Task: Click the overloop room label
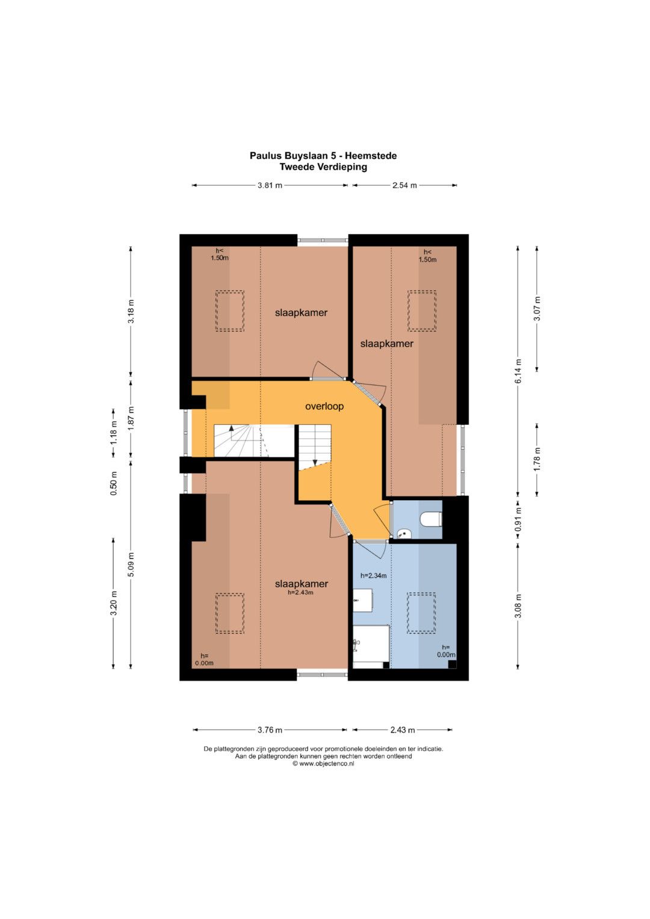pyautogui.click(x=324, y=406)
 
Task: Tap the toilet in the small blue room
pyautogui.click(x=431, y=519)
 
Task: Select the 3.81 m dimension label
pyautogui.click(x=270, y=185)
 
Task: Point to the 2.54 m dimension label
pyautogui.click(x=404, y=185)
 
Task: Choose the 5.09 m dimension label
pyautogui.click(x=131, y=565)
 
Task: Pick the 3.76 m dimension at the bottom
pyautogui.click(x=270, y=730)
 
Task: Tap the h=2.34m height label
pyautogui.click(x=373, y=575)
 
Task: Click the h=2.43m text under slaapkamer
pyautogui.click(x=301, y=592)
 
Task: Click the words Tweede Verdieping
pyautogui.click(x=323, y=167)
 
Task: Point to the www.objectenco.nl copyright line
pyautogui.click(x=323, y=764)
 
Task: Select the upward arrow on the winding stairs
pyautogui.click(x=232, y=428)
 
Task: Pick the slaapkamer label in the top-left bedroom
pyautogui.click(x=301, y=312)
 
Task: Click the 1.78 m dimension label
pyautogui.click(x=537, y=459)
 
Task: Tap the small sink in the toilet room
pyautogui.click(x=404, y=533)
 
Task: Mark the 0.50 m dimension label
pyautogui.click(x=114, y=483)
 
